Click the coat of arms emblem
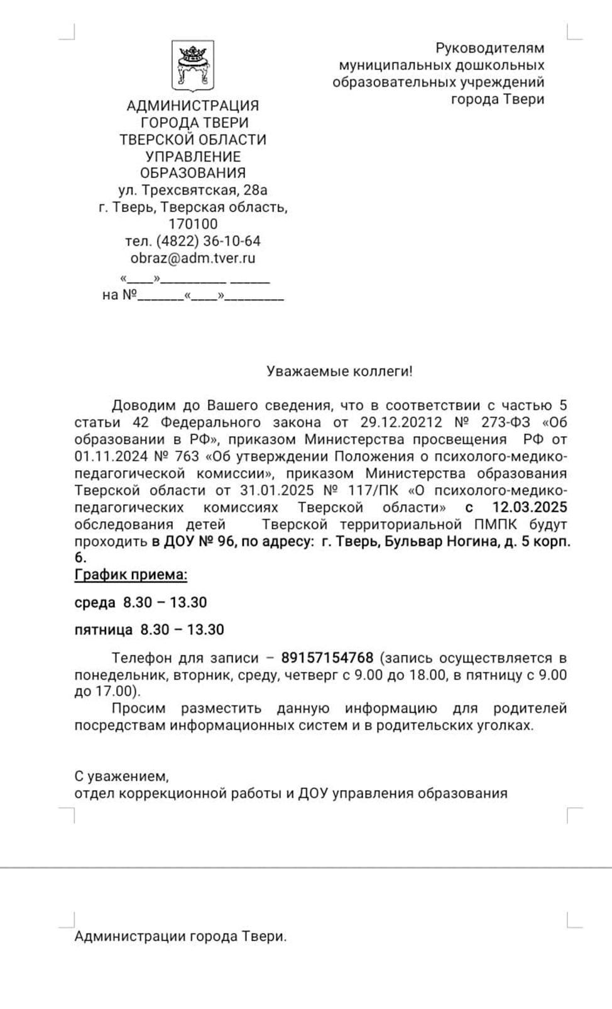(x=193, y=66)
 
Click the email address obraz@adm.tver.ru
(x=193, y=258)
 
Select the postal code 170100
(x=193, y=224)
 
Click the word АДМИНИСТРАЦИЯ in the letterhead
(x=193, y=106)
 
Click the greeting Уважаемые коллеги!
(x=339, y=371)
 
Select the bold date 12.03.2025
(x=529, y=507)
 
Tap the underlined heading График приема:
(x=131, y=574)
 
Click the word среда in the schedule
(x=95, y=602)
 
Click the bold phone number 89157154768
(x=327, y=658)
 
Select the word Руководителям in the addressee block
(x=490, y=48)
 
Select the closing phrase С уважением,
(x=121, y=776)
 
